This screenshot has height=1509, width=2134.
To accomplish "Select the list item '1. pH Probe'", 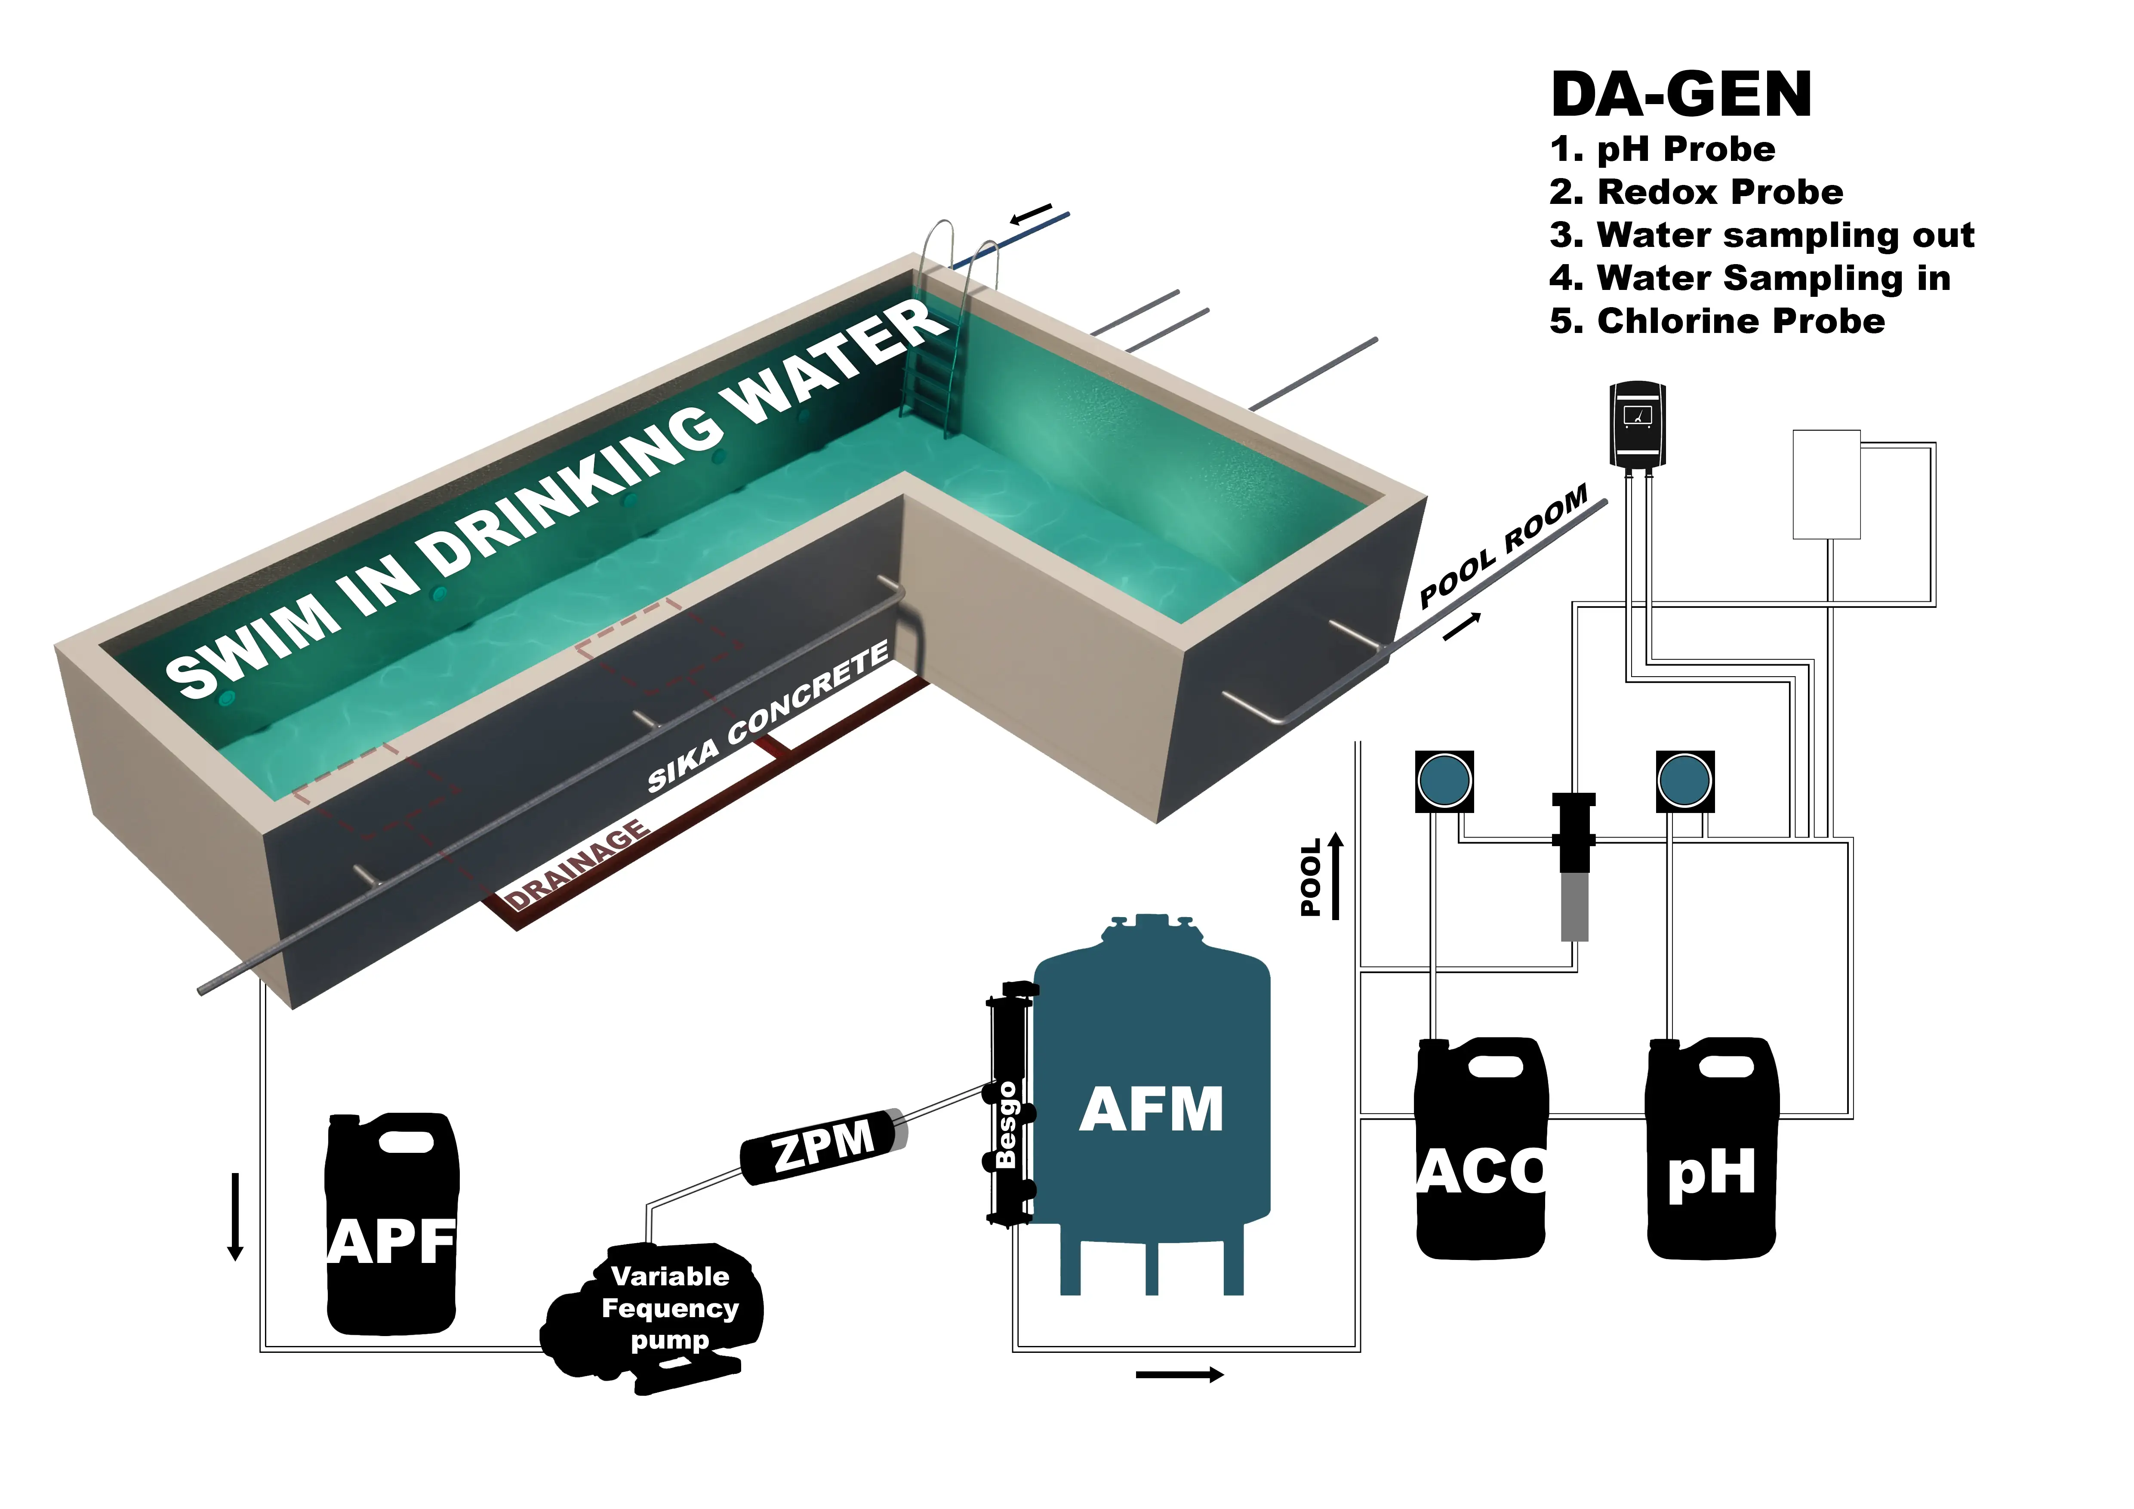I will (x=1662, y=149).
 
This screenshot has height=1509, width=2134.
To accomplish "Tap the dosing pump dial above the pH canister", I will (x=1684, y=780).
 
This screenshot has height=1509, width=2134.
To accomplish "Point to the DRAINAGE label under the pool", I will (x=576, y=864).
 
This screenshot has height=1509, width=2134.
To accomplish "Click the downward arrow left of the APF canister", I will (x=235, y=1217).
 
